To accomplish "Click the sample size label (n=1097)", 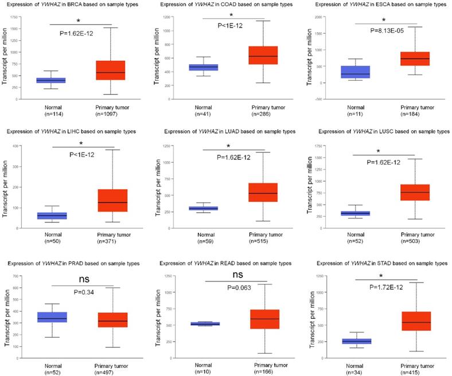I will tap(111, 114).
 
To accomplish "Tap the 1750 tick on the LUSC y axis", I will tap(333, 144).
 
